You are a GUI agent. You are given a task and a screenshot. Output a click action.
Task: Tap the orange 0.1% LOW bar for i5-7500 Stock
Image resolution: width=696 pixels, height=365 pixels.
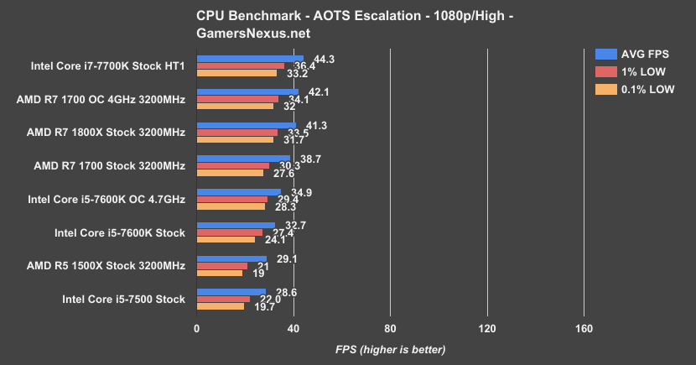click(220, 306)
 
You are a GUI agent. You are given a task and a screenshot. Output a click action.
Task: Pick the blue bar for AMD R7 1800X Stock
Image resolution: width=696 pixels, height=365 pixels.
click(246, 124)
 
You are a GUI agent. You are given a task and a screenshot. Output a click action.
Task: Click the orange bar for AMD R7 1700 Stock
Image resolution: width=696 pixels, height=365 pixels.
click(230, 173)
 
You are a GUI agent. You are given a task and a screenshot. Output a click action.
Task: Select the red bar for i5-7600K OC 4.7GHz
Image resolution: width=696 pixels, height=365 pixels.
click(231, 199)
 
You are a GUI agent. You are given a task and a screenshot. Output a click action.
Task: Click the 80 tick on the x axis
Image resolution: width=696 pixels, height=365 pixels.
click(389, 328)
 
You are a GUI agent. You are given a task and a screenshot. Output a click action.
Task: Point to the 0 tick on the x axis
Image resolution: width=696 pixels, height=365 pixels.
click(196, 328)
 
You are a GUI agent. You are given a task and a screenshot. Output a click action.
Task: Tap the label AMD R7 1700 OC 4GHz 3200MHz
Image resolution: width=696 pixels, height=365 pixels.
click(101, 99)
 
